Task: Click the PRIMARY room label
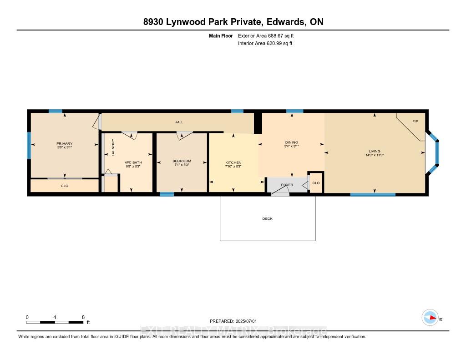65,143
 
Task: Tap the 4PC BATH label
133,162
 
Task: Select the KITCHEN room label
233,162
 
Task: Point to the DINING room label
292,142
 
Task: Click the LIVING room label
375,151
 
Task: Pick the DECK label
268,218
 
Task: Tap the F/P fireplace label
415,121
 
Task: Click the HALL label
179,122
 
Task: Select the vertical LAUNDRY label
113,147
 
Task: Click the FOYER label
287,185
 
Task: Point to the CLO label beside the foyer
316,183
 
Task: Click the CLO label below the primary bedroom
65,186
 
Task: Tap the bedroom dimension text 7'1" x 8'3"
182,165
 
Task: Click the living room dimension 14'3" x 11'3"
375,155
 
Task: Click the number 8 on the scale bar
83,317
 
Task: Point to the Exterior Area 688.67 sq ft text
266,35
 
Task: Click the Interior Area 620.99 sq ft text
265,43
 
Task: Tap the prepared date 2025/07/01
246,321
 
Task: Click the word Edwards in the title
285,22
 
